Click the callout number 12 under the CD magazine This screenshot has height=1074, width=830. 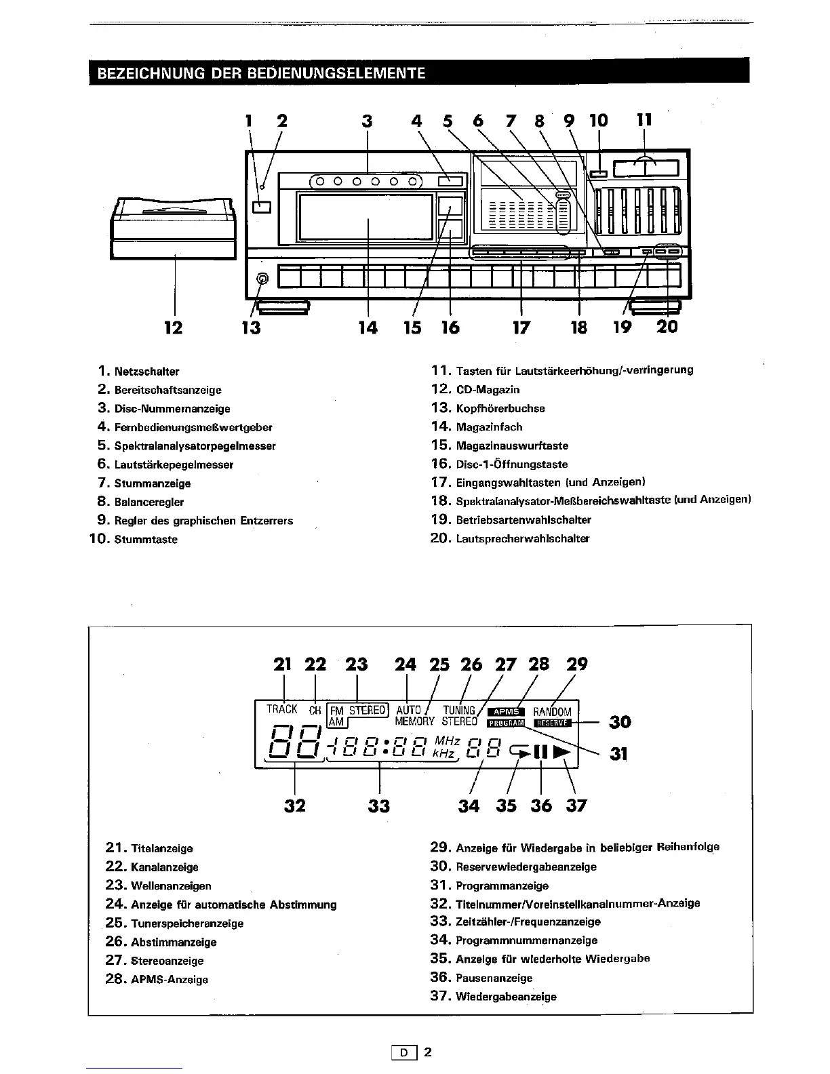(x=174, y=328)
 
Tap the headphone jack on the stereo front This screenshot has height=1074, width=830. (x=263, y=279)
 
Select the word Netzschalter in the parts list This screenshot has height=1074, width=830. (x=146, y=372)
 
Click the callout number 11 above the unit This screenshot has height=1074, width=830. (x=644, y=121)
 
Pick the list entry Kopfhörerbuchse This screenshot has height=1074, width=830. (x=500, y=408)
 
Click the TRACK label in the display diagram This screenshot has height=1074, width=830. (x=282, y=709)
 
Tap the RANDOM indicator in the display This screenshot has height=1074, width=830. (x=553, y=712)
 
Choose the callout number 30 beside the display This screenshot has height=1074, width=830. (x=620, y=722)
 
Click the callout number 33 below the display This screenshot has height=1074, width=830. (x=379, y=805)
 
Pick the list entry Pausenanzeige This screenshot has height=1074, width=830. (x=494, y=978)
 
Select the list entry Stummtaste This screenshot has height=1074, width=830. (x=146, y=540)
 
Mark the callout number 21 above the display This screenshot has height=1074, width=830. (x=282, y=664)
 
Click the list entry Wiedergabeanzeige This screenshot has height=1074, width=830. (x=506, y=997)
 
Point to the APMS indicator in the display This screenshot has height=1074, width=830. (x=506, y=711)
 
